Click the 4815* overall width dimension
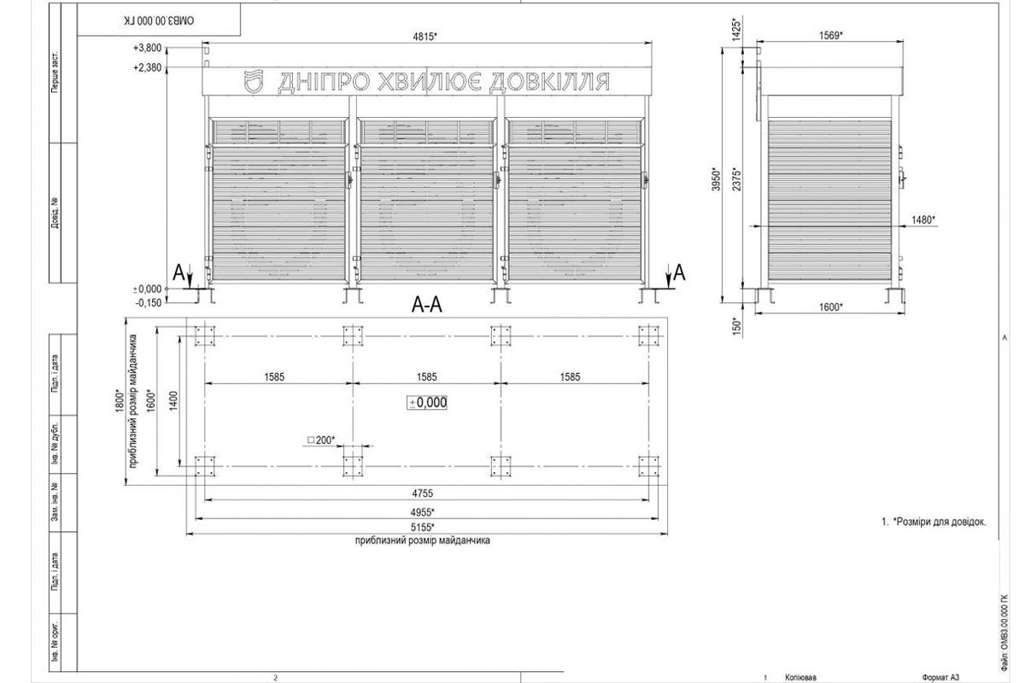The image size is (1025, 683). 425,37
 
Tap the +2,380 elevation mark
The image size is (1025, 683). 147,67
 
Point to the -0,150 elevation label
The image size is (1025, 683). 147,302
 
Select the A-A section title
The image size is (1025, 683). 426,304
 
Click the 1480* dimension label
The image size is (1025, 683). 923,219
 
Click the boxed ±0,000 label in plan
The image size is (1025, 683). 428,403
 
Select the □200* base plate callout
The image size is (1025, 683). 321,441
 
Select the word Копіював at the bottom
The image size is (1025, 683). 800,677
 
